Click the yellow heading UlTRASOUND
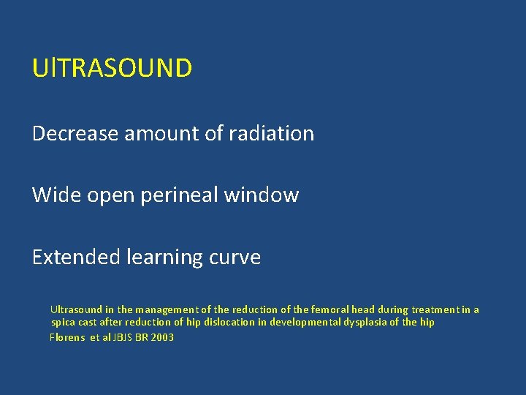112,68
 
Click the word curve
235,257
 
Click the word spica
64,323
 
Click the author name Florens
66,337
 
